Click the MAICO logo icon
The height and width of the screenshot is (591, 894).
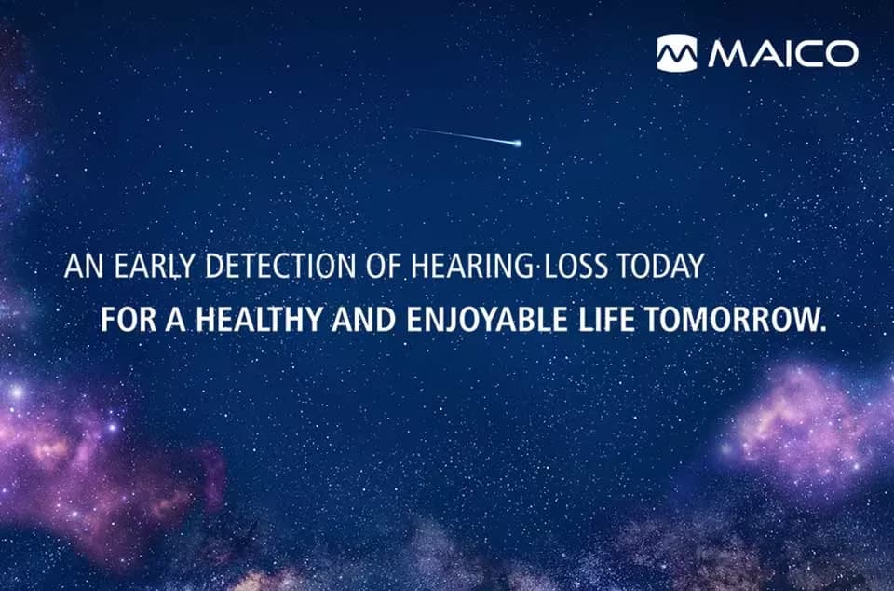(676, 53)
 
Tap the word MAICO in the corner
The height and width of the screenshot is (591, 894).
(782, 54)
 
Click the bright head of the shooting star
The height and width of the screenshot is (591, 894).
(518, 143)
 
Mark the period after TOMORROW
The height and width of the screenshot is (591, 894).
(823, 329)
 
